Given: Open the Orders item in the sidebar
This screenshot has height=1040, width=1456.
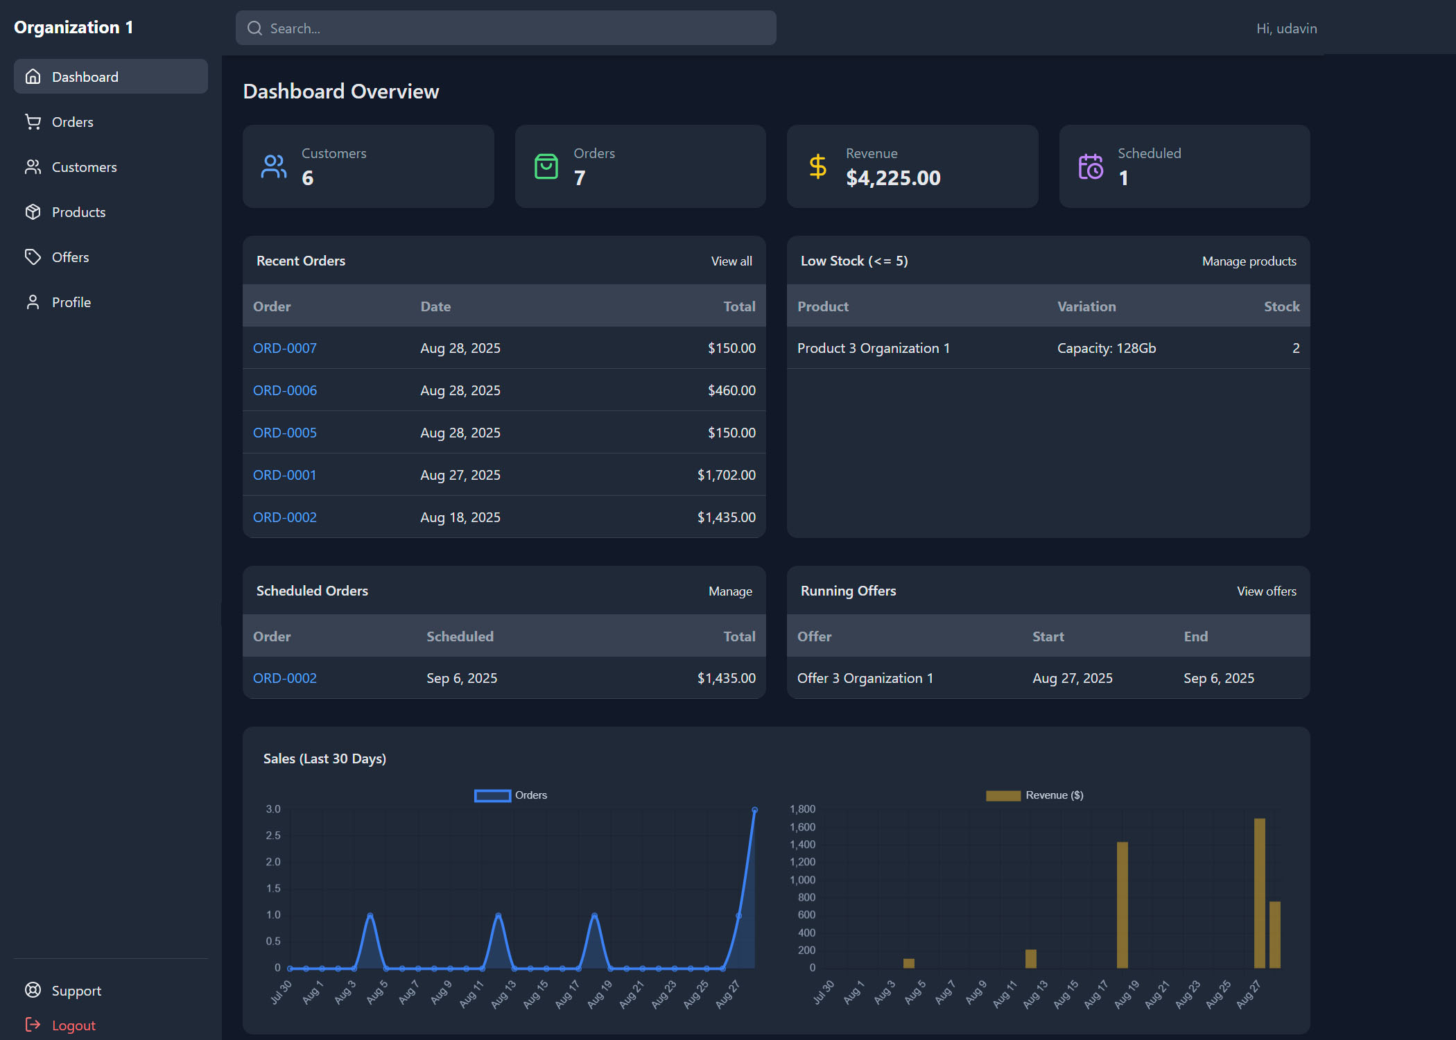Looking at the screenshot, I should pos(72,122).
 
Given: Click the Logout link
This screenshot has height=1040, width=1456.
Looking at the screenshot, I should pos(73,1025).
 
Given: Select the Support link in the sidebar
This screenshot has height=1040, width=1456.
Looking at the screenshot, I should pos(76,990).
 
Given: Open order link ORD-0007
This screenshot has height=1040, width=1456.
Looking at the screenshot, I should pos(284,348).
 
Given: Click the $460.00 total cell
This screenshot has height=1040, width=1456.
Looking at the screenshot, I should pos(731,390).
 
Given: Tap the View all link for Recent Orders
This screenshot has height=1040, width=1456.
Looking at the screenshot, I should pos(731,261).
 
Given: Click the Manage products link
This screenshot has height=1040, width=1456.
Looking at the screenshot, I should pos(1249,261).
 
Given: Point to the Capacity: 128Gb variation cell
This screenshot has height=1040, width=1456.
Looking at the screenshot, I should pos(1106,348).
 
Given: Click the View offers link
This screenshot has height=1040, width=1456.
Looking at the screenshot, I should pos(1266,591).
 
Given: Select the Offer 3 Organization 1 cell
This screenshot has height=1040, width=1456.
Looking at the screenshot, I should pos(865,678).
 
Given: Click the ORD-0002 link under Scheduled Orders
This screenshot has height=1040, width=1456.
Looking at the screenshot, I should pos(284,678).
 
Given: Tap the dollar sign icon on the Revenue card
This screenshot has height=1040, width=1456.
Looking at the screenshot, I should pos(817,166).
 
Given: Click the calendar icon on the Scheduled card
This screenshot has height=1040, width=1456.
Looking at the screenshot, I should pos(1090,166).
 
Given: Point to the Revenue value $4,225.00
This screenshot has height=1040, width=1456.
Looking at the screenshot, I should pos(892,178).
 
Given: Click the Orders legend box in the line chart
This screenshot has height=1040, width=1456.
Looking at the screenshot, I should pos(492,795).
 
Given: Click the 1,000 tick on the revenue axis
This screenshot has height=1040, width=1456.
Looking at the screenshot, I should pos(802,880).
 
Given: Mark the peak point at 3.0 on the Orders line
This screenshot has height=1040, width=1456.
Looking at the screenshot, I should pos(754,810).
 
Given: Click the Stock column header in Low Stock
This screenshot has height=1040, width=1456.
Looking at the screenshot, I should pos(1281,306).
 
